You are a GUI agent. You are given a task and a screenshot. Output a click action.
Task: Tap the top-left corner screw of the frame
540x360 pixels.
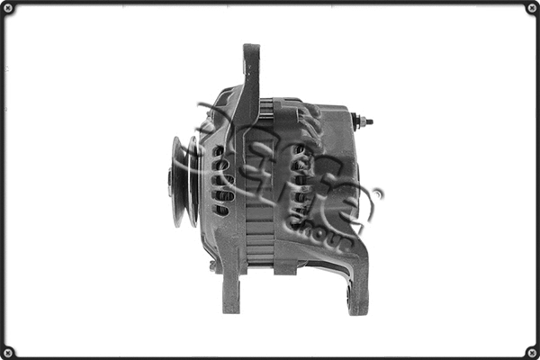click(8, 8)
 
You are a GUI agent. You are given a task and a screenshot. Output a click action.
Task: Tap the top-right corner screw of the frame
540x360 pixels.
click(531, 8)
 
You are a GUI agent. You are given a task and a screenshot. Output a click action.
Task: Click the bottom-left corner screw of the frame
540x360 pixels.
click(8, 351)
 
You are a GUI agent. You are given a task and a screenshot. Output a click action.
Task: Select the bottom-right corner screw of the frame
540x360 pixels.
click(531, 351)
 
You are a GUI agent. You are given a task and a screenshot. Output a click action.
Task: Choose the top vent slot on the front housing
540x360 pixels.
click(220, 149)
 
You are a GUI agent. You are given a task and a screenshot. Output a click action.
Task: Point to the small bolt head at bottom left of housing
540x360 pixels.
click(212, 265)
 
